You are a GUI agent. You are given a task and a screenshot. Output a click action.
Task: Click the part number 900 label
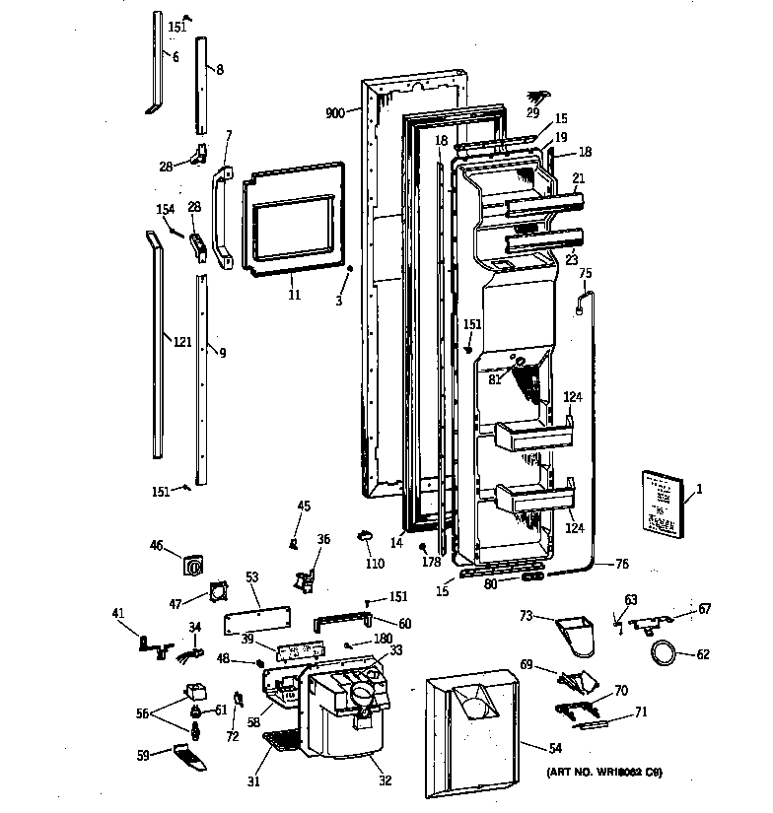coord(334,113)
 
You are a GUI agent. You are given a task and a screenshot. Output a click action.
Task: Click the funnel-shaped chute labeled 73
coord(576,635)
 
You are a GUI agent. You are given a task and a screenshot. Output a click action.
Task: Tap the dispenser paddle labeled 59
coord(192,758)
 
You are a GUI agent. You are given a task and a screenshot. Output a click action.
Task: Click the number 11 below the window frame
coord(293,295)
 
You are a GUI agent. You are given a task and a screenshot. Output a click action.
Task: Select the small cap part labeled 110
coord(365,535)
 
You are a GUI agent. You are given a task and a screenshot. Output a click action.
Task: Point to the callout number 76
coord(622,565)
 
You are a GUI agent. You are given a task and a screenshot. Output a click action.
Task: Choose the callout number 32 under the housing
coord(385,781)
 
